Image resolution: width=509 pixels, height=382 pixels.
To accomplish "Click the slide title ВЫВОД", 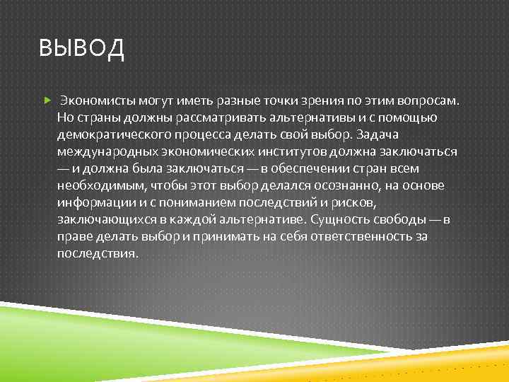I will tap(82, 50).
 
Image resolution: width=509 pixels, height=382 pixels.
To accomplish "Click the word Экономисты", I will tap(94, 100).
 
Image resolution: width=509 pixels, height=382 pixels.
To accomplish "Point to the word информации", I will tap(92, 202).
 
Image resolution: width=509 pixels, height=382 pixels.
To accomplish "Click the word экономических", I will tap(197, 151).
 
